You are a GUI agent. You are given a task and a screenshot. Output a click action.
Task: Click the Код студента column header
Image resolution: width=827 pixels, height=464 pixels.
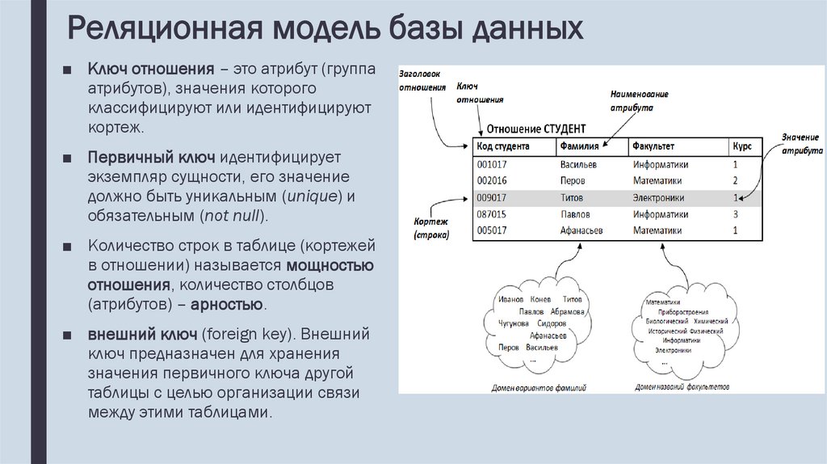(502, 147)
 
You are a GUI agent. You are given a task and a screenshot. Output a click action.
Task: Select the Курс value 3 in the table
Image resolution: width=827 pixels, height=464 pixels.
(736, 214)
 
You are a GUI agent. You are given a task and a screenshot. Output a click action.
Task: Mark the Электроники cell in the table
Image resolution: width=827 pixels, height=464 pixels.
(658, 197)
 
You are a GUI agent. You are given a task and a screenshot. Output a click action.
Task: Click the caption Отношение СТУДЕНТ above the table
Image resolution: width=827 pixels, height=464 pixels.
(532, 129)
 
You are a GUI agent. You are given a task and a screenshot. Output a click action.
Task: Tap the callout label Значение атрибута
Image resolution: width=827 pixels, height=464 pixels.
(801, 144)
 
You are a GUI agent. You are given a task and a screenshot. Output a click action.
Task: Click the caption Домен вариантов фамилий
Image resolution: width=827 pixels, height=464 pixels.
(539, 388)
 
